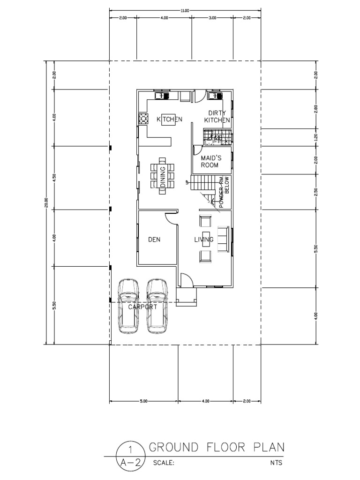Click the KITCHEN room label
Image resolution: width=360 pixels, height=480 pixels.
click(169, 120)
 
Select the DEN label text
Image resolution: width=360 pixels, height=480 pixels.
click(154, 240)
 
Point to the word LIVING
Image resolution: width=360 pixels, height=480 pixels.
click(204, 240)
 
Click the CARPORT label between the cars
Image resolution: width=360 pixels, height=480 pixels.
click(142, 307)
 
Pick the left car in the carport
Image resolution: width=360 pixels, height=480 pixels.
click(128, 306)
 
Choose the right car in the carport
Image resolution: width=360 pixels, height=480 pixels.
click(157, 306)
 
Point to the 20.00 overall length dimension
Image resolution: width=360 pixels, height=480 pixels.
click(46, 202)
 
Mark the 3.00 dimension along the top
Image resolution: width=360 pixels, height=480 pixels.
click(212, 18)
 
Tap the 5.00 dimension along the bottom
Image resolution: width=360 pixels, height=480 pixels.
click(144, 401)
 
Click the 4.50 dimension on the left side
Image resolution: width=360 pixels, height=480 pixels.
click(54, 177)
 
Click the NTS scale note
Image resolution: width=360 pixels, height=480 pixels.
click(275, 462)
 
